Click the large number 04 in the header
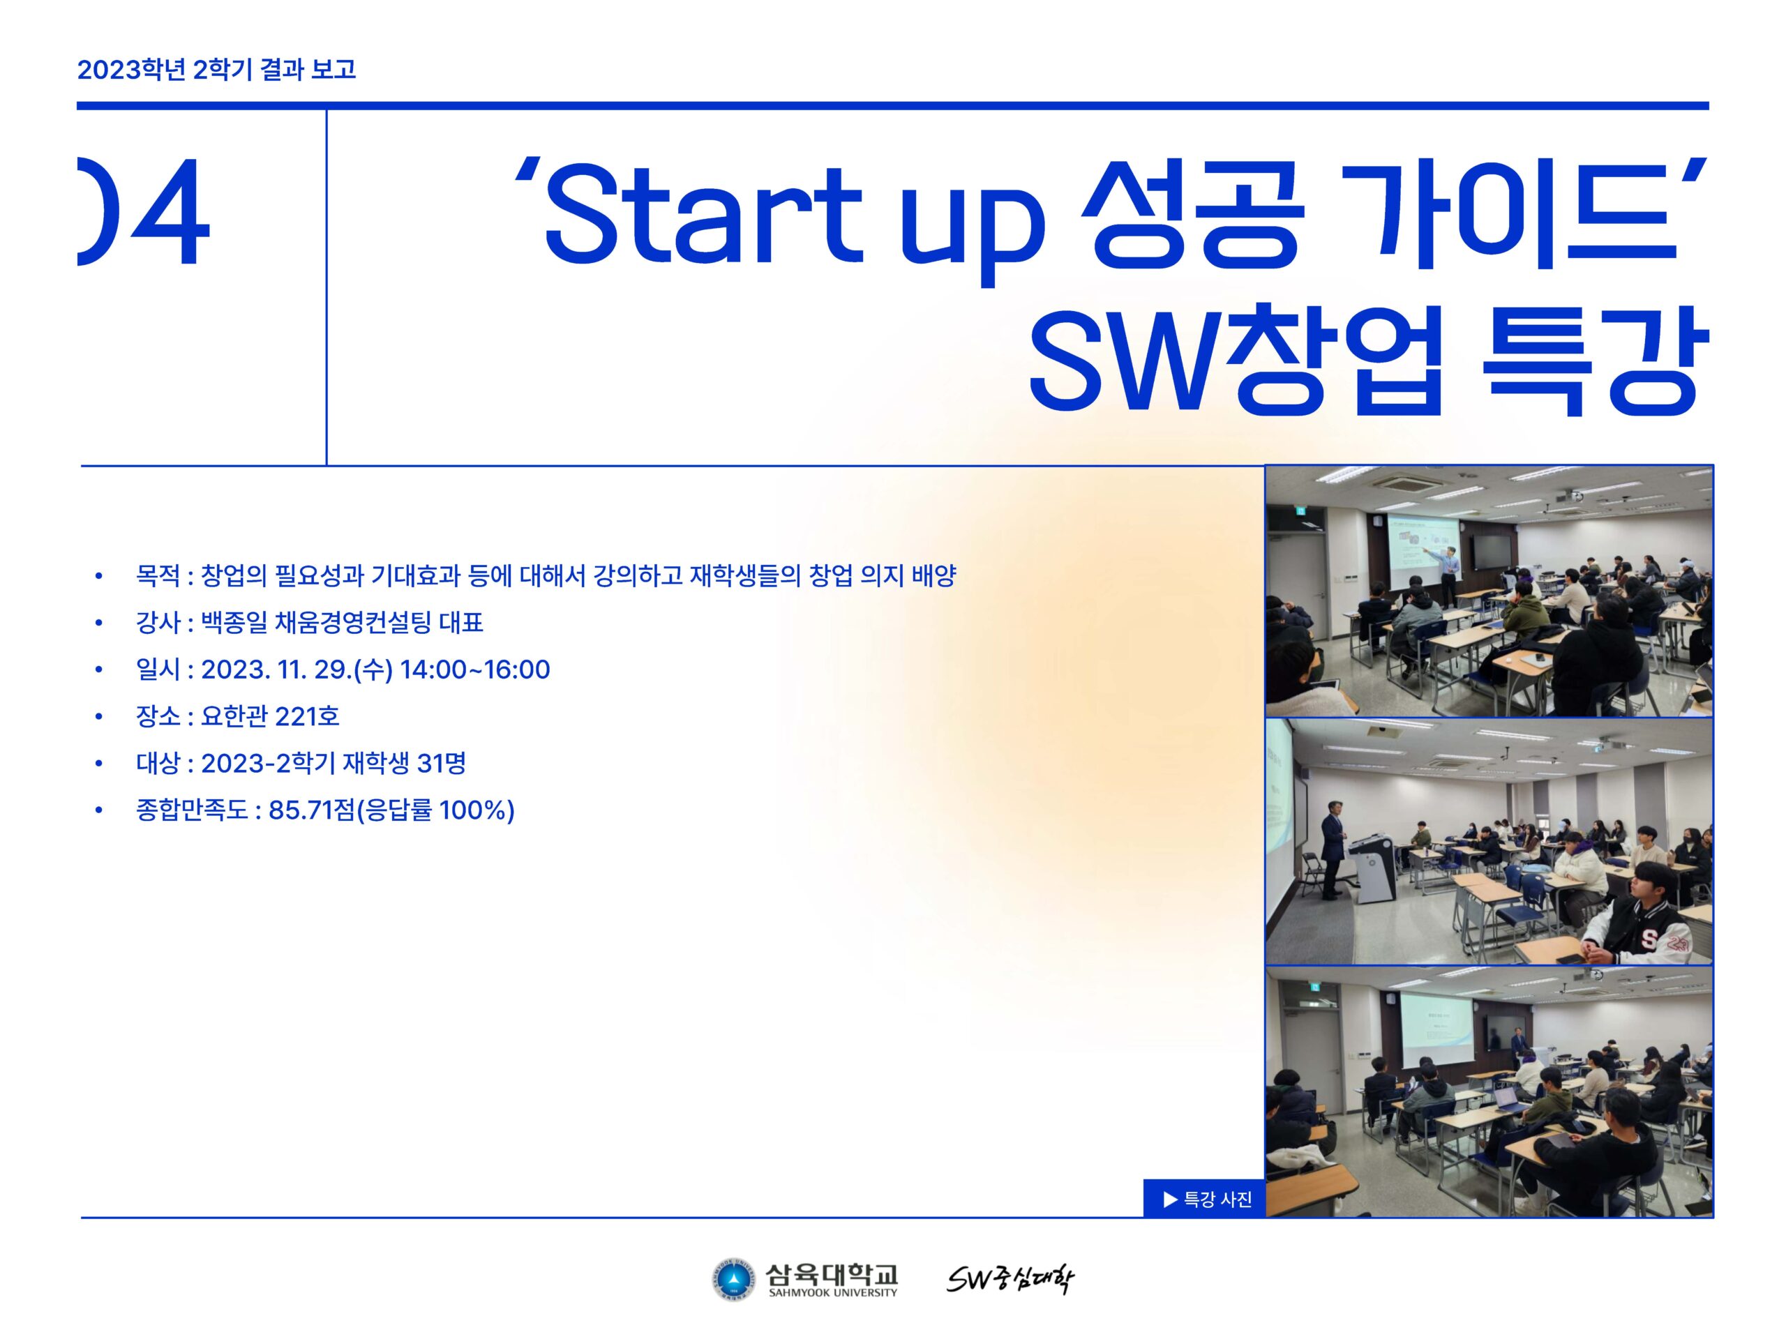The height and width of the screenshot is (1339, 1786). (143, 211)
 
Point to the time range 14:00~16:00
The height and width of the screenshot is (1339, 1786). (475, 670)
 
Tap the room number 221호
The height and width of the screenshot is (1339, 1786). (307, 717)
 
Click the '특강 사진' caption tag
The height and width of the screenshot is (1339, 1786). (1204, 1200)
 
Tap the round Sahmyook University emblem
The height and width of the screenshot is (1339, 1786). (733, 1281)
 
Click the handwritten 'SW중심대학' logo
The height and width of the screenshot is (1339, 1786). (1010, 1280)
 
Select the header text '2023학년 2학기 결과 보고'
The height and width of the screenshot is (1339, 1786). (216, 70)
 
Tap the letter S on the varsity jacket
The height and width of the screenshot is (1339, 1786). (1649, 939)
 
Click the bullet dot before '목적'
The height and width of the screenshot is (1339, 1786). (98, 576)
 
